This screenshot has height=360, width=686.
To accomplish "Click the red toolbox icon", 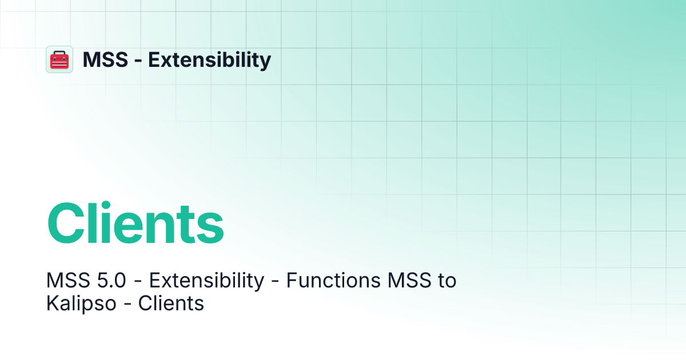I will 59,59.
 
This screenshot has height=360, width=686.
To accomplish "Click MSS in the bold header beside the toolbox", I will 105,59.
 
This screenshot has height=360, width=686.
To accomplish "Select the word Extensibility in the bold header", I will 210,59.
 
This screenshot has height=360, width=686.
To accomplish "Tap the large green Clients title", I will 135,223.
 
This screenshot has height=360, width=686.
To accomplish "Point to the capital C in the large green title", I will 68,224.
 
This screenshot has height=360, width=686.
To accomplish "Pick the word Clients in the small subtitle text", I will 171,303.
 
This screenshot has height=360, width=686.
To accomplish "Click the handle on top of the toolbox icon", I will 59,53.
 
